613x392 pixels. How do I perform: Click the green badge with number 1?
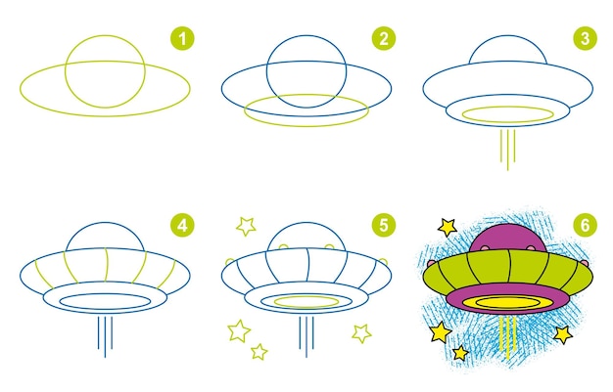[x=183, y=38]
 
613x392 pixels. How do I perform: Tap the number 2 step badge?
[x=383, y=38]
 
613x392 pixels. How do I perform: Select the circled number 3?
[x=585, y=38]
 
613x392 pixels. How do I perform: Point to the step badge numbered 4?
[x=183, y=226]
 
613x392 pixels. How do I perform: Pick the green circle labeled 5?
[x=383, y=226]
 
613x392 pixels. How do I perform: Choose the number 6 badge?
[x=585, y=226]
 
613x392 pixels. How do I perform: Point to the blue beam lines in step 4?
[x=105, y=336]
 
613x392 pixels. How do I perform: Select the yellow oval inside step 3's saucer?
[x=507, y=114]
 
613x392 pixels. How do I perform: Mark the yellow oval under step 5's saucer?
[x=306, y=301]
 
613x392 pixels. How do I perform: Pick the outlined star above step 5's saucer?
[x=246, y=227]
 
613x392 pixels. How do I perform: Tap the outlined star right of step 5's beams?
[x=361, y=332]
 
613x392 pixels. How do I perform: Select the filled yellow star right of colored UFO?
[x=562, y=334]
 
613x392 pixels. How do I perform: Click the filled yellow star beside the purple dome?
[x=448, y=228]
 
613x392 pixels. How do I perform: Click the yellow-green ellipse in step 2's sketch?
[x=306, y=110]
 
